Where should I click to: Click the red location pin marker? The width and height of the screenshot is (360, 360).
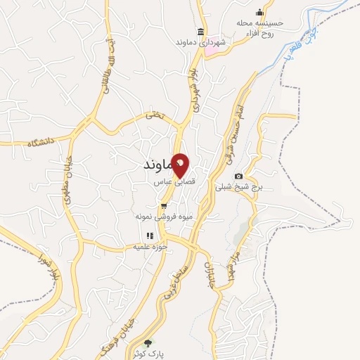click(181, 165)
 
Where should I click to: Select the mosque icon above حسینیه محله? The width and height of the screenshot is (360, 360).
click(260, 12)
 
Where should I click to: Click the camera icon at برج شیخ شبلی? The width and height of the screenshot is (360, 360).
click(239, 176)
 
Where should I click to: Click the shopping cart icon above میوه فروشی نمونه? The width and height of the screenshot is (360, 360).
click(164, 206)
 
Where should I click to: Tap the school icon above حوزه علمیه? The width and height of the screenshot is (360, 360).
click(149, 236)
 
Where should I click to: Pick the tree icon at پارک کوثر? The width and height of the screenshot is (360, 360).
click(147, 344)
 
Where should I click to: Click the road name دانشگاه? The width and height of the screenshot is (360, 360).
click(41, 143)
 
